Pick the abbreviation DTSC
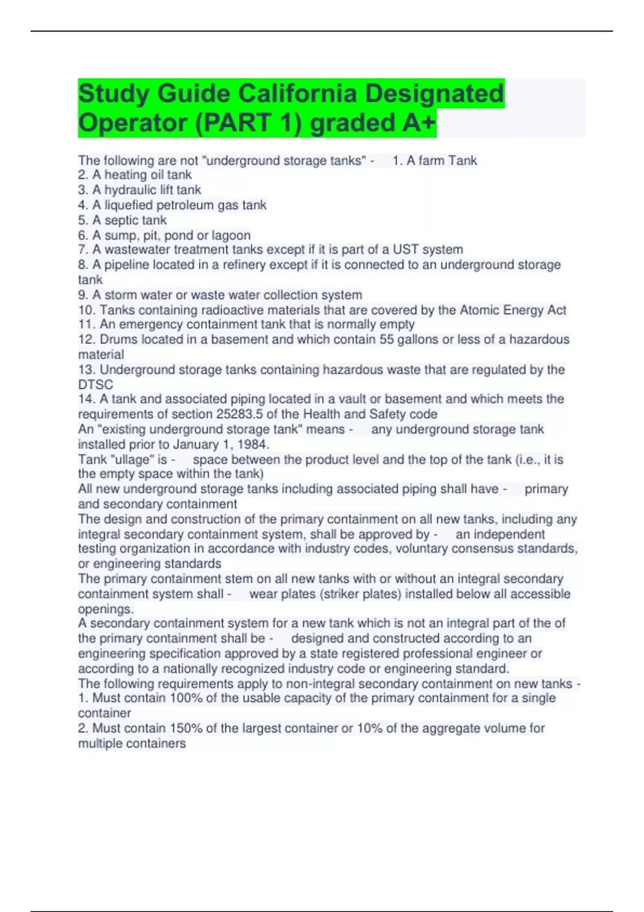click(x=96, y=385)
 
